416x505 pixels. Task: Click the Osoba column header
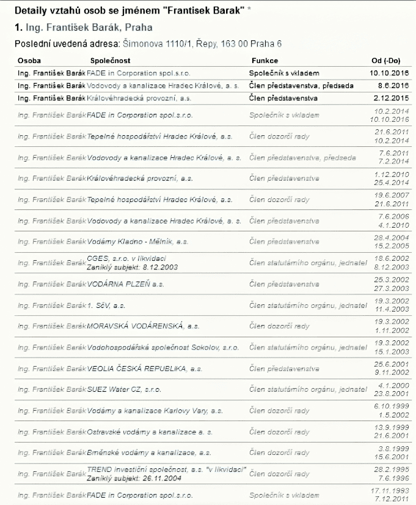(x=30, y=61)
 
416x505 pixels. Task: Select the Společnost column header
(x=110, y=61)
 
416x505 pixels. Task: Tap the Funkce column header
(x=265, y=61)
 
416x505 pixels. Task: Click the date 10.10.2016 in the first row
(x=390, y=73)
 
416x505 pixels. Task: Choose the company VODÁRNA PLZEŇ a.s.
(x=126, y=284)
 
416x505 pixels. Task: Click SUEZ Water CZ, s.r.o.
(x=124, y=389)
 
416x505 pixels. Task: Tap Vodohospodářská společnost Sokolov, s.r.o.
(x=163, y=347)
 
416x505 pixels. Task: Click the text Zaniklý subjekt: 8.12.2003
(x=124, y=267)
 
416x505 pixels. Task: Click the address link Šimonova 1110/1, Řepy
(x=161, y=44)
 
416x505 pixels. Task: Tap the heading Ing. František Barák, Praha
(x=82, y=28)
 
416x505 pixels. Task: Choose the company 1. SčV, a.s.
(x=106, y=305)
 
